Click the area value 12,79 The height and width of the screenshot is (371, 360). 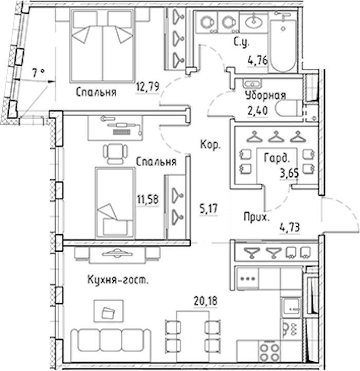(x=148, y=87)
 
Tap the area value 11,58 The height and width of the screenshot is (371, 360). (x=148, y=199)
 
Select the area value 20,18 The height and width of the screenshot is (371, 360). (x=205, y=301)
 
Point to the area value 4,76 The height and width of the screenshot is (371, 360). (x=258, y=60)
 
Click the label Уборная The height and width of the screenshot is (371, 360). (x=265, y=95)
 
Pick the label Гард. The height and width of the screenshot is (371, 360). (x=277, y=158)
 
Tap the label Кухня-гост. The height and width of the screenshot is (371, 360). (x=118, y=280)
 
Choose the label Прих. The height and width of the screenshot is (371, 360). (x=257, y=217)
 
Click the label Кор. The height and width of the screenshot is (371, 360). (x=210, y=144)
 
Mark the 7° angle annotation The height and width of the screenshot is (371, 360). (x=39, y=72)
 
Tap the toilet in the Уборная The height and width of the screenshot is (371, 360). (x=289, y=108)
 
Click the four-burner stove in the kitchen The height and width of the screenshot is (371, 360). (x=269, y=352)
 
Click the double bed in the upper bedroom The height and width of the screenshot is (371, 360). (x=102, y=46)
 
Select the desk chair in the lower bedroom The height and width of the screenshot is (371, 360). (x=115, y=154)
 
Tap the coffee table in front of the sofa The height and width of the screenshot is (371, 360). (x=109, y=311)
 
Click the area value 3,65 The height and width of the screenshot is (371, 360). (x=289, y=174)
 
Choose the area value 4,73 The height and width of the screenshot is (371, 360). (x=290, y=228)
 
